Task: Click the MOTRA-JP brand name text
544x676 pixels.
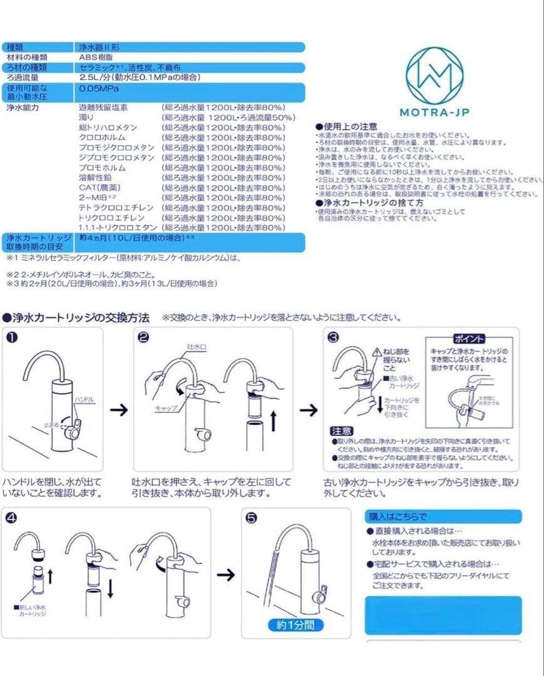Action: (435, 113)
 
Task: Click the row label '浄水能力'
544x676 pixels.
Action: (23, 108)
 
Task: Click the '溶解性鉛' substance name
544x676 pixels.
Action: (97, 177)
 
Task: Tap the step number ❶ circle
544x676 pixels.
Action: (11, 337)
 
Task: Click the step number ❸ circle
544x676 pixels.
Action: (334, 337)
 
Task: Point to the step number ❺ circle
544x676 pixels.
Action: (252, 518)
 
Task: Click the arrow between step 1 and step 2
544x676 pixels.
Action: (118, 410)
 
